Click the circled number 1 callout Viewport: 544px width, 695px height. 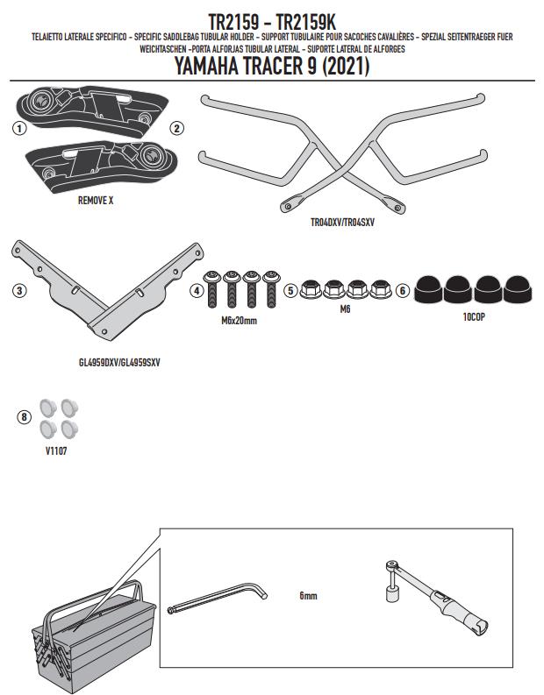pos(18,128)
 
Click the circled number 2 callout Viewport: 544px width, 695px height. pos(176,128)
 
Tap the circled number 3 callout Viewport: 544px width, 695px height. pos(18,291)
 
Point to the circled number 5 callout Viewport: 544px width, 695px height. pos(290,290)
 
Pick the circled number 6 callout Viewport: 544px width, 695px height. pos(402,290)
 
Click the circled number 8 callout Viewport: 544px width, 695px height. pos(24,416)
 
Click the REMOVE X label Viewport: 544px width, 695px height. pos(96,200)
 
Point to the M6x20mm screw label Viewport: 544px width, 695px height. pos(239,321)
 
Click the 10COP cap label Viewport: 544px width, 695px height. pos(474,316)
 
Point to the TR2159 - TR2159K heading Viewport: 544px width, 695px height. pos(272,19)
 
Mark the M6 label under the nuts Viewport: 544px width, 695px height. pos(345,309)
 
